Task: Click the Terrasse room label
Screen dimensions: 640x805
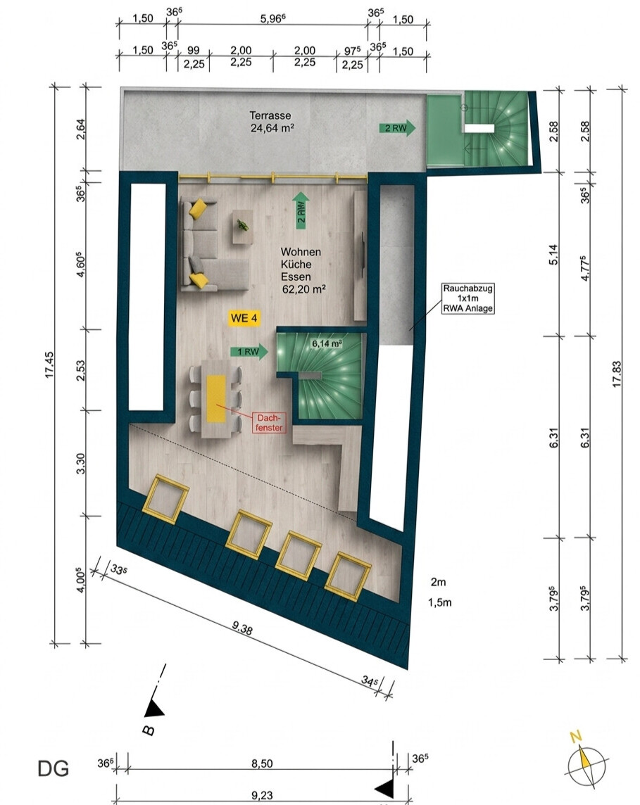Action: click(x=270, y=115)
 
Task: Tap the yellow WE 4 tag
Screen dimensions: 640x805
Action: click(x=244, y=318)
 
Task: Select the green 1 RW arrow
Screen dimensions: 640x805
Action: click(x=249, y=352)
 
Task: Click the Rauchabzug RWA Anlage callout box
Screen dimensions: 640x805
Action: click(x=468, y=298)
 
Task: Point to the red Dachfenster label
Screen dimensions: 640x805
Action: click(x=269, y=422)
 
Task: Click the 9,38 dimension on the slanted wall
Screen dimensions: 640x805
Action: click(x=242, y=628)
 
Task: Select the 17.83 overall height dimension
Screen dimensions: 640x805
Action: click(x=617, y=374)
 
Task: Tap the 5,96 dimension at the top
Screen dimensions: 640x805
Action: click(x=272, y=19)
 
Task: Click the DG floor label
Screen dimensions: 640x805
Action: click(x=53, y=768)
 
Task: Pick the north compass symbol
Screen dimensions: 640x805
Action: click(x=586, y=762)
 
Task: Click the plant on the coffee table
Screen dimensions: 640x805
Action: click(x=242, y=225)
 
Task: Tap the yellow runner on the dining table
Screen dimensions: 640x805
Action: click(x=216, y=399)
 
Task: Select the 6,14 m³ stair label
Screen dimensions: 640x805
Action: click(x=327, y=343)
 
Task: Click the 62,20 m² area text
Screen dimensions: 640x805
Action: click(x=304, y=289)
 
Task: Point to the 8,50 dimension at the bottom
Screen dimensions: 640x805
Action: click(x=262, y=763)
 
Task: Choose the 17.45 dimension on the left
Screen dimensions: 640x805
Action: click(x=50, y=365)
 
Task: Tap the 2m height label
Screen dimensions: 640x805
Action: click(x=438, y=582)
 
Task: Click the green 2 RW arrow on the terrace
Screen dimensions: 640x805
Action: click(x=397, y=128)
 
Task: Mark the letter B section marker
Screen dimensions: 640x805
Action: click(x=149, y=730)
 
